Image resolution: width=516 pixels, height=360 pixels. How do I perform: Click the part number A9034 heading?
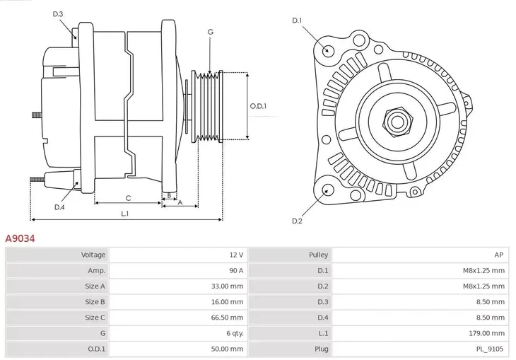(x=20, y=239)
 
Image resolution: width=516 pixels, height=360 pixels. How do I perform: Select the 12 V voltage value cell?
(x=236, y=255)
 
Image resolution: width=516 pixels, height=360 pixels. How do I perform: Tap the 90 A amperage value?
(x=235, y=270)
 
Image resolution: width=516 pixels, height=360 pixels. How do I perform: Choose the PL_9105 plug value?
(x=490, y=348)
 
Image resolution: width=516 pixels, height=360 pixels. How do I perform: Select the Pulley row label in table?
(x=318, y=255)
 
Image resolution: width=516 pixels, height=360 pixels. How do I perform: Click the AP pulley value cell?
(x=499, y=255)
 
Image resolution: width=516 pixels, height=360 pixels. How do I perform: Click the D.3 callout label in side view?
(x=58, y=14)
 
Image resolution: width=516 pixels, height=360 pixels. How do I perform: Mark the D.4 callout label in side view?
(x=59, y=207)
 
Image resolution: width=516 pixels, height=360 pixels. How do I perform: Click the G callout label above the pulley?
(x=210, y=32)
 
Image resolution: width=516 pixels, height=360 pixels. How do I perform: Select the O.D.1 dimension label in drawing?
(x=258, y=106)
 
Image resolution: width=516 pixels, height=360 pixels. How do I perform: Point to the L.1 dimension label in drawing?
(x=124, y=213)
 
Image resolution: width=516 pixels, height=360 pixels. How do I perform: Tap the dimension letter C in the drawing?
(x=128, y=198)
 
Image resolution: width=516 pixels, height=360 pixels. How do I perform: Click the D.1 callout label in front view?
(x=297, y=21)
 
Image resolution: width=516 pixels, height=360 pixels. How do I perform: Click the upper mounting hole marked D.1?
(x=327, y=50)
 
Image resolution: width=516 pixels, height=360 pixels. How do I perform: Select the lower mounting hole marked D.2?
(x=327, y=190)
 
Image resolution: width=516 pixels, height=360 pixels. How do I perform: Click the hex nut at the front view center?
(x=396, y=121)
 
